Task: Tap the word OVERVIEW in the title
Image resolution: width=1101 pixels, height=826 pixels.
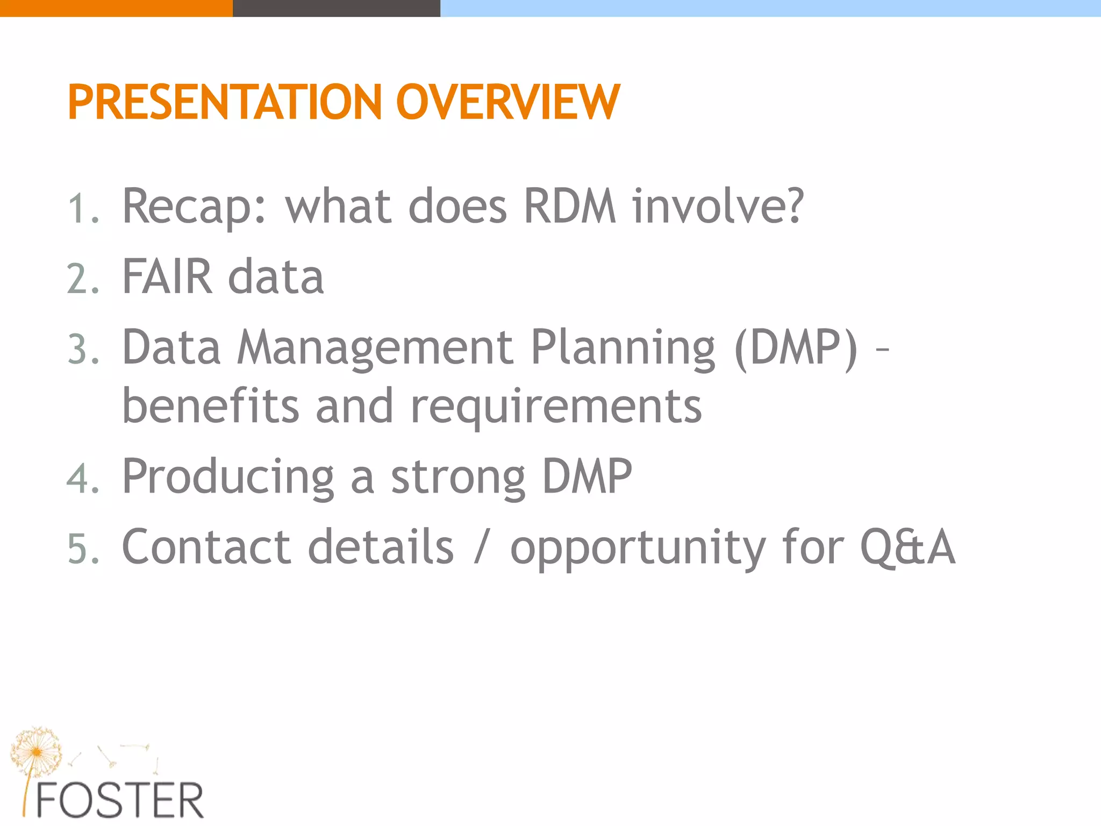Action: pyautogui.click(x=507, y=102)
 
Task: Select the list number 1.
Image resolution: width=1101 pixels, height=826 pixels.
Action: pyautogui.click(x=83, y=209)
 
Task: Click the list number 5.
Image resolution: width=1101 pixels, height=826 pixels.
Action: pyautogui.click(x=83, y=549)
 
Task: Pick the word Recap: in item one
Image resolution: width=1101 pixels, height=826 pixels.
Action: pyautogui.click(x=194, y=208)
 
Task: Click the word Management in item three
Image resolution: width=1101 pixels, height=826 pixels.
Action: pyautogui.click(x=375, y=347)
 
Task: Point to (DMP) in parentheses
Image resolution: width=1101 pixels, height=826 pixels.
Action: pyautogui.click(x=796, y=348)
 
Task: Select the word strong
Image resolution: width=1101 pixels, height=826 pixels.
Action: pyautogui.click(x=457, y=478)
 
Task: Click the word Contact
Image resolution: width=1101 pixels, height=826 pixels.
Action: pyautogui.click(x=206, y=547)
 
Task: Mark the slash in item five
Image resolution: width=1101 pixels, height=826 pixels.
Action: pyautogui.click(x=482, y=548)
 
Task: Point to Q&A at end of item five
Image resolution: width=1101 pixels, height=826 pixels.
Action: pyautogui.click(x=907, y=547)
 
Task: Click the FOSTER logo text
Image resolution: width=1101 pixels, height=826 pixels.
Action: pyautogui.click(x=119, y=801)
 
